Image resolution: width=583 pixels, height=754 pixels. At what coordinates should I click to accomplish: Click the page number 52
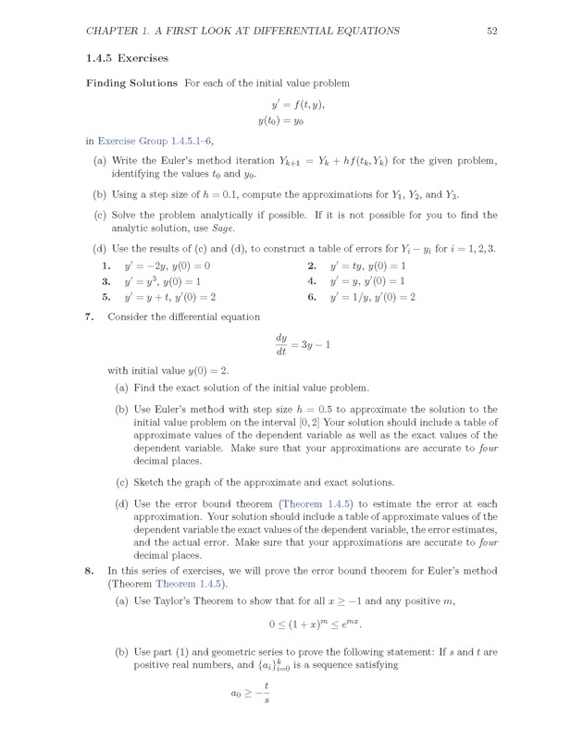click(x=492, y=31)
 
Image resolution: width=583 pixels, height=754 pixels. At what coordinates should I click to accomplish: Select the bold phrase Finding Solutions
click(x=131, y=83)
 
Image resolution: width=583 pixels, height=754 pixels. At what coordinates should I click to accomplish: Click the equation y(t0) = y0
click(x=291, y=120)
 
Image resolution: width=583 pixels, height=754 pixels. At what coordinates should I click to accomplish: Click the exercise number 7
click(x=87, y=316)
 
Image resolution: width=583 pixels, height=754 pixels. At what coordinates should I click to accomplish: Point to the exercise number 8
click(x=87, y=571)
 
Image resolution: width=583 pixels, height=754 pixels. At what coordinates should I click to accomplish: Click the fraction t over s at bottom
click(x=266, y=719)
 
